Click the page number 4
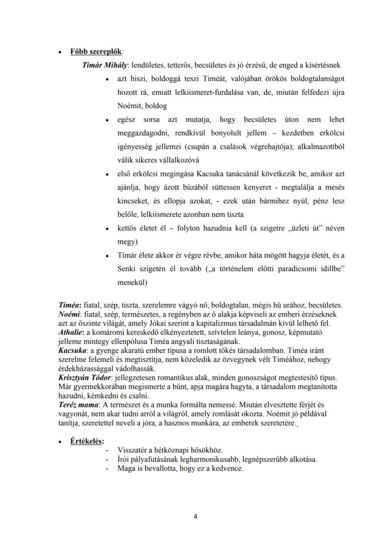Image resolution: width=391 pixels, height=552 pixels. pyautogui.click(x=195, y=516)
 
